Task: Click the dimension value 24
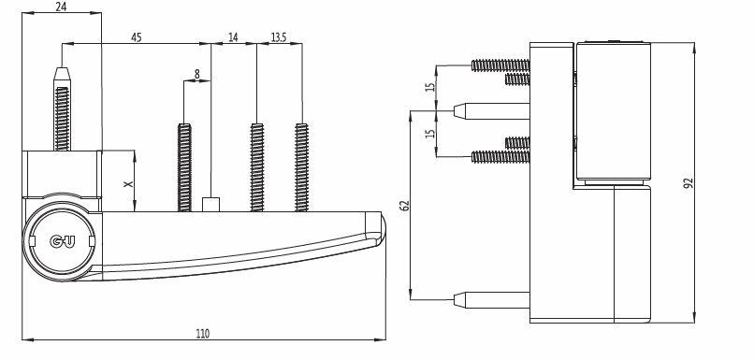(61, 7)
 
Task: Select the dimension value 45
(137, 37)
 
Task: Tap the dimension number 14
(233, 37)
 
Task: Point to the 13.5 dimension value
(279, 37)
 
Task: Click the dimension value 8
(197, 75)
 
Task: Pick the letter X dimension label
(127, 184)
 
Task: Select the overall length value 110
(203, 334)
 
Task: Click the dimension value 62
(404, 205)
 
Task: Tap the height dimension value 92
(689, 182)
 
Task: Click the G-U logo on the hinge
(63, 241)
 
